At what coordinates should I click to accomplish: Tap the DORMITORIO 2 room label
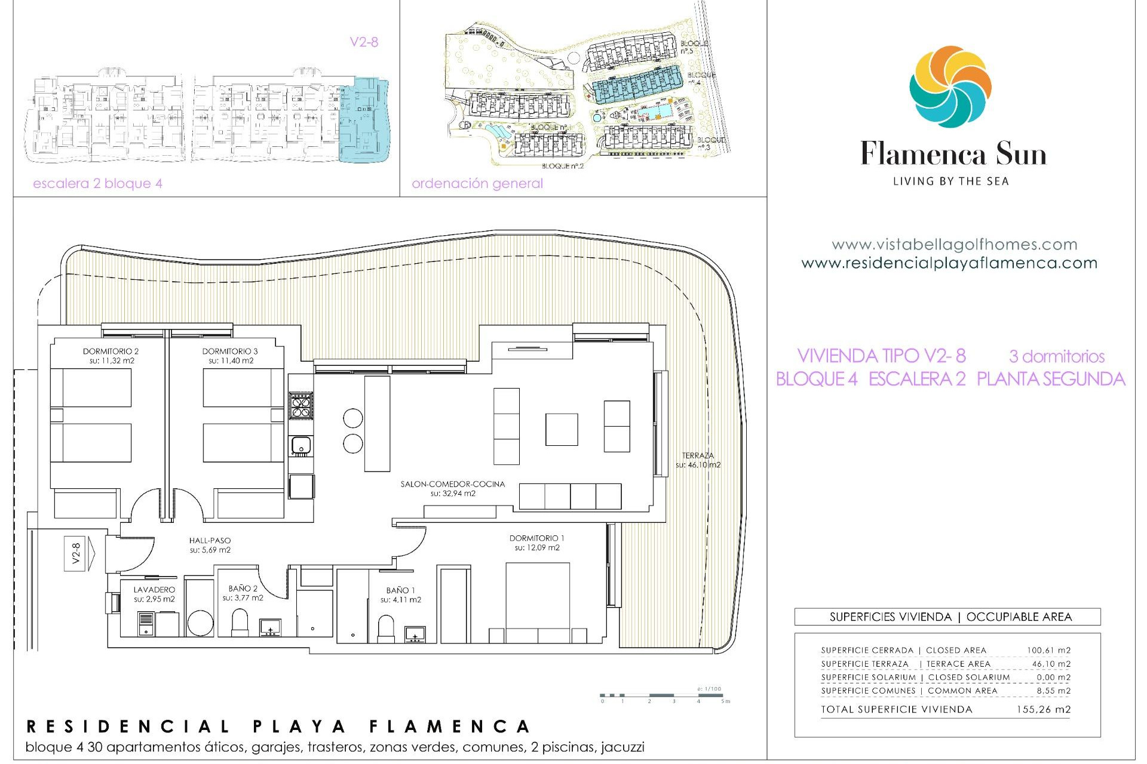point(111,352)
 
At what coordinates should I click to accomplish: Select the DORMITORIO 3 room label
point(230,352)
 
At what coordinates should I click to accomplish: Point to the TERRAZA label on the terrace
point(698,455)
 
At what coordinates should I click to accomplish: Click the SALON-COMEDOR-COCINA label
point(452,484)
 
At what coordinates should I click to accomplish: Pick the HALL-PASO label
point(210,541)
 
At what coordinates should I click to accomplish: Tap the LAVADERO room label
point(154,590)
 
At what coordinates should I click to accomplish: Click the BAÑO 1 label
point(400,590)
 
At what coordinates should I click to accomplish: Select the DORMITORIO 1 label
point(536,538)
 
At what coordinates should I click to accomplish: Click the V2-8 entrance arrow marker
point(79,553)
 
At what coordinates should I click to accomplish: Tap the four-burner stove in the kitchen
point(300,405)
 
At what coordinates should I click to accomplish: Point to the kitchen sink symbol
point(300,445)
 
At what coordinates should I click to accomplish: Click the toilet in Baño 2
point(240,622)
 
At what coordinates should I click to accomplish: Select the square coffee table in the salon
point(561,430)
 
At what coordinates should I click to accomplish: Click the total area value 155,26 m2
point(1043,710)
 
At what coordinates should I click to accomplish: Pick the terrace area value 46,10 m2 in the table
point(1051,664)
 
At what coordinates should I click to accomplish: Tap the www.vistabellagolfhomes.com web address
point(954,244)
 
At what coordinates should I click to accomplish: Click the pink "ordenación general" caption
point(477,183)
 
